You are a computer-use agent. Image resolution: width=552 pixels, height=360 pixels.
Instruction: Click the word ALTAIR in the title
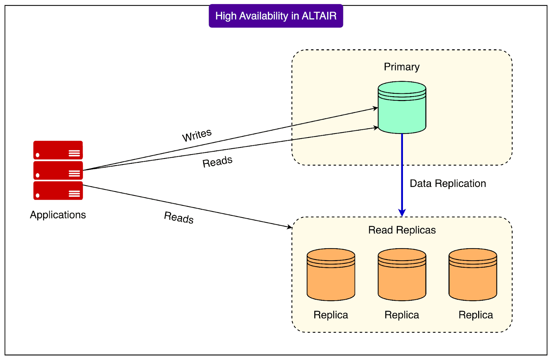point(319,16)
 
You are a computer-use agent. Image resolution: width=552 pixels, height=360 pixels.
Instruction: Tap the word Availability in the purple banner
point(264,16)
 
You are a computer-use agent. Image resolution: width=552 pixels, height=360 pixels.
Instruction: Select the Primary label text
point(402,67)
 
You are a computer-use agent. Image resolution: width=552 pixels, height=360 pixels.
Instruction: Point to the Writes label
point(197,135)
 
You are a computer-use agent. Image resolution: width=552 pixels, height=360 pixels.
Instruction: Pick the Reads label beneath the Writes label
point(217,161)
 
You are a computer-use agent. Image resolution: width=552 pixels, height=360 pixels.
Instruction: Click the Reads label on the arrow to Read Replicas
point(179,217)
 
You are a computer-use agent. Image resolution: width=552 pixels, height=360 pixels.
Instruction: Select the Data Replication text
point(448,183)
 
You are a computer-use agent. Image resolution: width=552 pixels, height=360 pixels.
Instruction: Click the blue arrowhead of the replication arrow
point(402,212)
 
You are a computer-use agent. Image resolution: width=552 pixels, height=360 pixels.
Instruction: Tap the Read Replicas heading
point(402,230)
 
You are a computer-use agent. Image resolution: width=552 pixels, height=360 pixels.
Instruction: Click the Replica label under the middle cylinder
point(402,315)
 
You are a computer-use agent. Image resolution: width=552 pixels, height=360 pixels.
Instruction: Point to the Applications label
point(58,215)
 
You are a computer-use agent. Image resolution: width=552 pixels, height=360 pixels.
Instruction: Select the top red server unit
point(58,150)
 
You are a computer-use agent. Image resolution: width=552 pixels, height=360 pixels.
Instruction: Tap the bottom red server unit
point(58,191)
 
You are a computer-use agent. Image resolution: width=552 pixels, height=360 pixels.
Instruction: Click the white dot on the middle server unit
point(38,175)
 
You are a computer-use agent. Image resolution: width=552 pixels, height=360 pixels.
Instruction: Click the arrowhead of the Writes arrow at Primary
point(375,109)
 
